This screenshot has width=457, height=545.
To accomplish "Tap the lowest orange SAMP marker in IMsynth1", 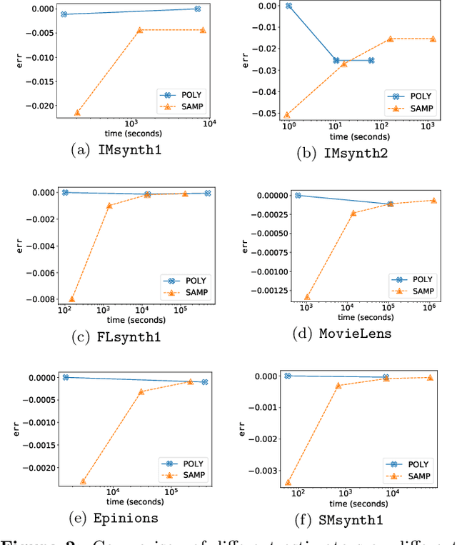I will click(77, 112).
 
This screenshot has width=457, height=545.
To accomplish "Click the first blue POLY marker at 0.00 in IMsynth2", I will click(288, 6).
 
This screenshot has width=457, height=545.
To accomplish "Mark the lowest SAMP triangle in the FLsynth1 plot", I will click(71, 299).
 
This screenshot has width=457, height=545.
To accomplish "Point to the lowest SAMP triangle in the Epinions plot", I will click(84, 481).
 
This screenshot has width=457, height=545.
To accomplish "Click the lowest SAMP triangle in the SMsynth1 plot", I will click(288, 483).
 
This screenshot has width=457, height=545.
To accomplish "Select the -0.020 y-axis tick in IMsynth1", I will click(37, 106).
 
